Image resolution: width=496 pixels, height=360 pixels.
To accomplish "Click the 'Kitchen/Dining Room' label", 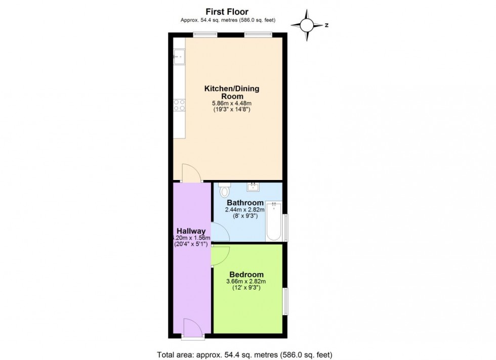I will [231, 92].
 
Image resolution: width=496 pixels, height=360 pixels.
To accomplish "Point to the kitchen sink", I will [179, 57].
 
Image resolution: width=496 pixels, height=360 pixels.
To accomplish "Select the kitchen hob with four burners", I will [179, 104].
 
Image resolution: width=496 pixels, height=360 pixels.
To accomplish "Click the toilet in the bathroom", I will [225, 191].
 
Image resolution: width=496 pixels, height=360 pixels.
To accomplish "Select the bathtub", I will [274, 221].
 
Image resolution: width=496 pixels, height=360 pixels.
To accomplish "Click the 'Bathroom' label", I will [245, 203].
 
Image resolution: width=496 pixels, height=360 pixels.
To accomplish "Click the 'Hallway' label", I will [191, 231].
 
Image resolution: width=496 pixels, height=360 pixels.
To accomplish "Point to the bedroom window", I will [285, 302].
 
